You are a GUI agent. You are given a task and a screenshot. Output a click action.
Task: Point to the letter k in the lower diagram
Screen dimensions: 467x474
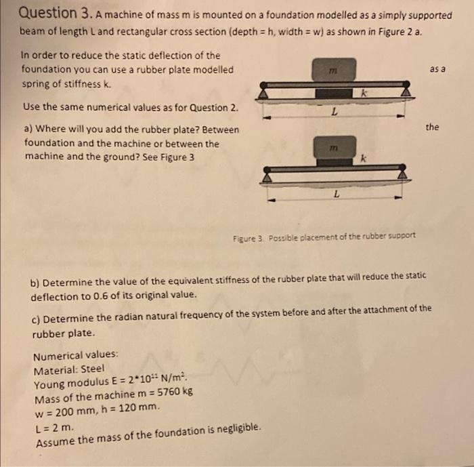364,159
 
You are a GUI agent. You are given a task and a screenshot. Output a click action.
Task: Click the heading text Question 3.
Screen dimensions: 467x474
49,13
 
